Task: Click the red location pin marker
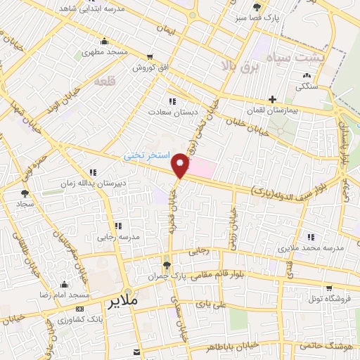181,166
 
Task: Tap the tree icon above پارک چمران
167,266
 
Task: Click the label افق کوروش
148,67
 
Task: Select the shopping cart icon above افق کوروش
148,57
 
